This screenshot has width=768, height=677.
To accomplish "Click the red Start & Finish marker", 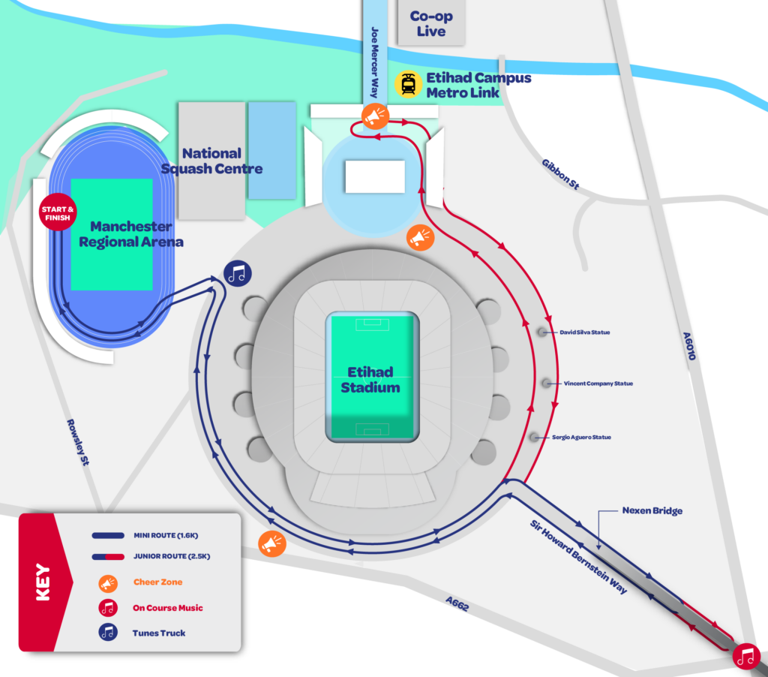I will point(58,213).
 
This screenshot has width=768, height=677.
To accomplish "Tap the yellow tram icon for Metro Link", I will point(408,85).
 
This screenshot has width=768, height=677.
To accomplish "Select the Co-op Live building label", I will point(431,24).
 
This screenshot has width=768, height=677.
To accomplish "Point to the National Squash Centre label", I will point(212,161).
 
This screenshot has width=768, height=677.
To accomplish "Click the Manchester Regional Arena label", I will point(131,234).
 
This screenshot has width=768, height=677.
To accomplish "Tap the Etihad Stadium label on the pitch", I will point(370,380).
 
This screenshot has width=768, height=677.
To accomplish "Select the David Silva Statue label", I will point(585,332).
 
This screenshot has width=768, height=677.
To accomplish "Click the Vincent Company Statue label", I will point(598,384).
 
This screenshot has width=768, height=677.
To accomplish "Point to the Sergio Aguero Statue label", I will point(581,437).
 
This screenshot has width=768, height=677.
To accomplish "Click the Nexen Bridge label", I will point(652,511).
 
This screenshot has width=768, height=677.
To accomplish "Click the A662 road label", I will point(457,604).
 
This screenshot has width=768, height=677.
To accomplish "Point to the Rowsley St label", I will point(78,443).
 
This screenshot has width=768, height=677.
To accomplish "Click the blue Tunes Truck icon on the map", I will point(238,274).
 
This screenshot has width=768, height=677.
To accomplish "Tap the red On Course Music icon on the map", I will point(745,657).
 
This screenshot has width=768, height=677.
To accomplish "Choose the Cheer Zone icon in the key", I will point(107,582).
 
